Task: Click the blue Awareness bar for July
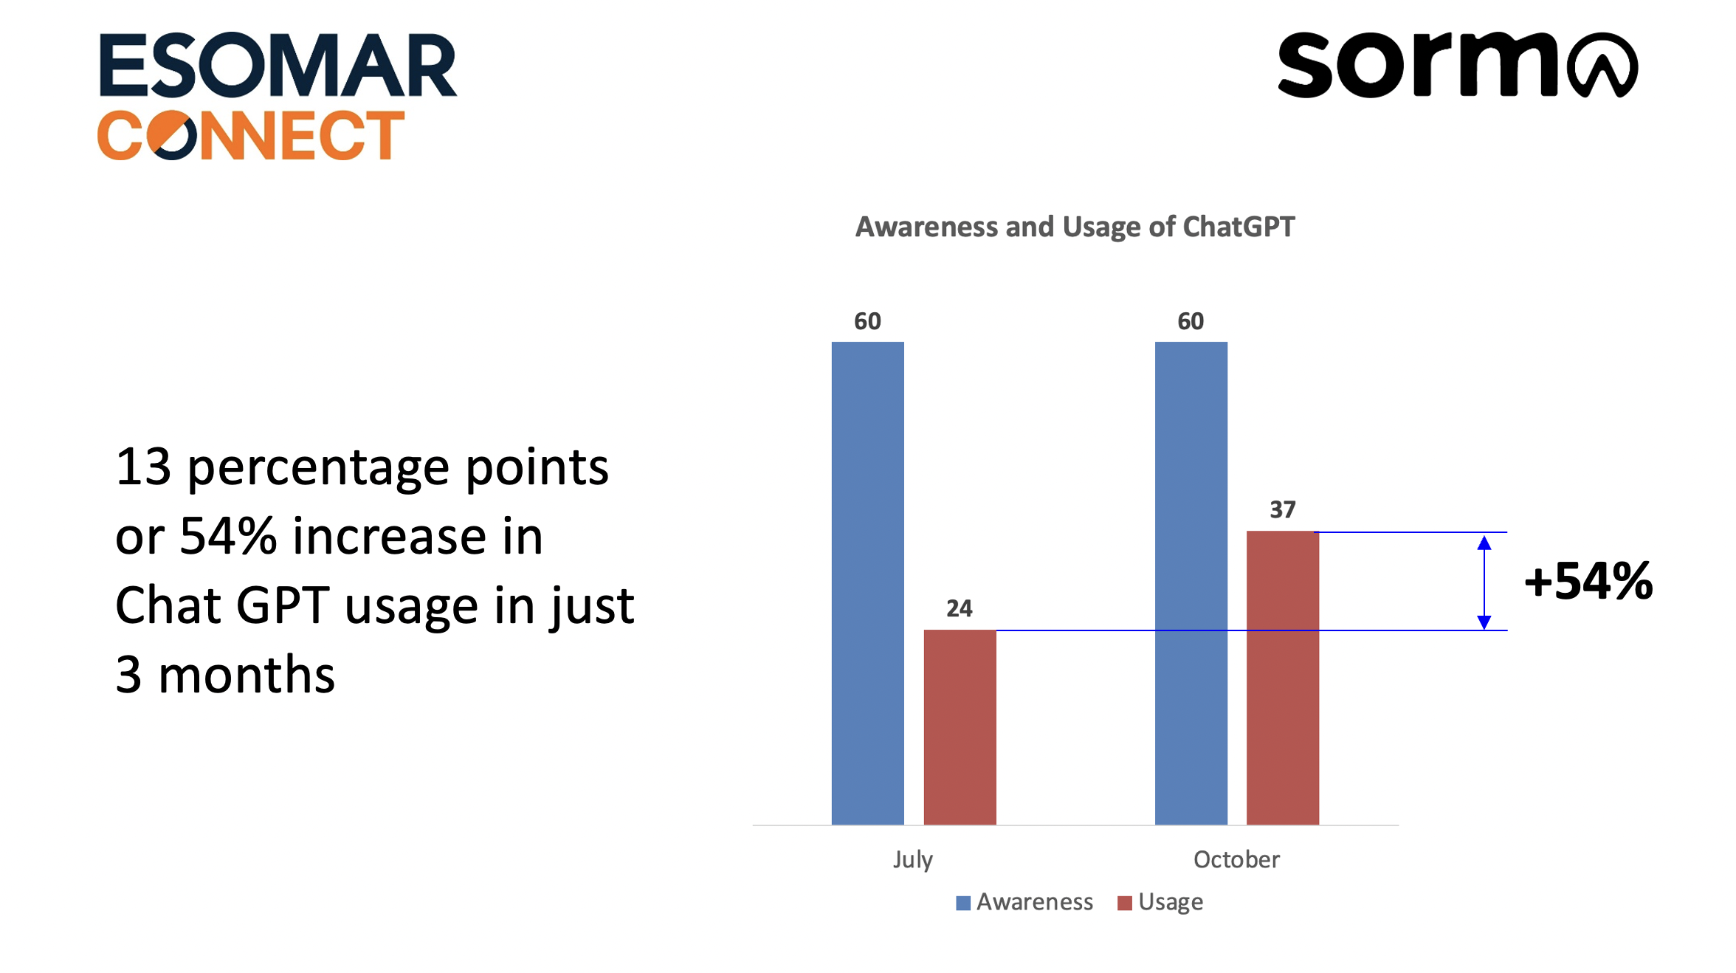point(867,583)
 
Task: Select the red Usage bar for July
point(960,727)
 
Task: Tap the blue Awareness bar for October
point(1191,583)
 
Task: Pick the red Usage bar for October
point(1283,678)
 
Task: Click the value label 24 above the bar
point(960,608)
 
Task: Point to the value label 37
point(1283,509)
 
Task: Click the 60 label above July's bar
point(867,321)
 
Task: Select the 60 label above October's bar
point(1191,321)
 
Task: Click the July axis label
point(913,860)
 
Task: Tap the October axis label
point(1236,859)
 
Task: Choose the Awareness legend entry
point(1024,902)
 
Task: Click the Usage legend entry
point(1160,903)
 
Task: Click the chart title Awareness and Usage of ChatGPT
point(1075,227)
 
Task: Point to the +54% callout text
point(1588,581)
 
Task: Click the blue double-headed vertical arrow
point(1484,582)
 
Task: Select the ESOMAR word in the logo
point(278,65)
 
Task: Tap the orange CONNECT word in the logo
point(251,135)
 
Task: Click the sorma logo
point(1458,65)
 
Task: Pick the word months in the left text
point(247,675)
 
